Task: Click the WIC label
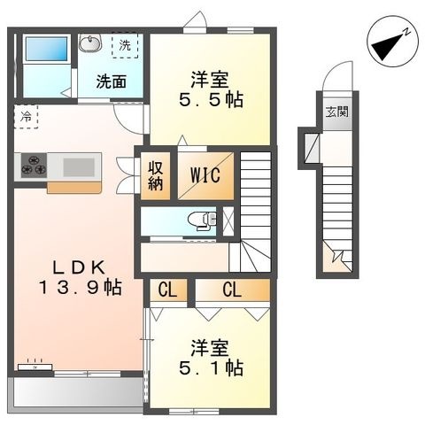click(205, 175)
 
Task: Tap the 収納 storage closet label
click(155, 176)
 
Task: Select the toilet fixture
click(202, 220)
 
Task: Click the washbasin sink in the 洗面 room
click(90, 43)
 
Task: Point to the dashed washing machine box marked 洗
click(125, 45)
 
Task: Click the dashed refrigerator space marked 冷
click(26, 117)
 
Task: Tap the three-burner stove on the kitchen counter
click(34, 166)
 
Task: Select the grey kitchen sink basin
click(79, 167)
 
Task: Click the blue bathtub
click(46, 49)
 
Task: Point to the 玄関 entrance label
click(337, 112)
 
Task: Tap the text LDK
click(80, 267)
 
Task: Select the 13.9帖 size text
click(81, 288)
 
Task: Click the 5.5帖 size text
click(211, 100)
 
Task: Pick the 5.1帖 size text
click(211, 367)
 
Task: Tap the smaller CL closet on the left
click(168, 290)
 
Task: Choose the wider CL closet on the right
click(233, 290)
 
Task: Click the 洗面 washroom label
click(112, 81)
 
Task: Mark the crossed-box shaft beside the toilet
click(228, 221)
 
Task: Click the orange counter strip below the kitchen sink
click(74, 188)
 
